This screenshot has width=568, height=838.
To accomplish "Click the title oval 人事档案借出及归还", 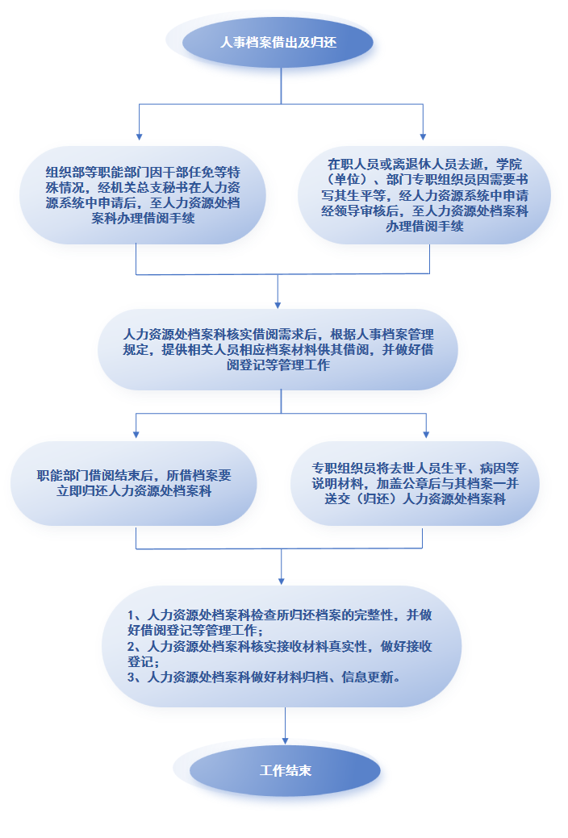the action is (278, 43).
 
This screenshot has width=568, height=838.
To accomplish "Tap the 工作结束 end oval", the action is (285, 770).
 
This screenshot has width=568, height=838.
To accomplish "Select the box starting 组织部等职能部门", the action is (143, 195).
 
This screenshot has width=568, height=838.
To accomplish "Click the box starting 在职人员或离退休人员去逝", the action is (424, 195).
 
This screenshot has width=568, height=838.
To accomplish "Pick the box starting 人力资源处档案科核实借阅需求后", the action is (278, 349).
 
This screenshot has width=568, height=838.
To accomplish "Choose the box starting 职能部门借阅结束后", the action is (134, 483).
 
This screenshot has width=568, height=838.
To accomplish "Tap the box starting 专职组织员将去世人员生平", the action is (415, 483).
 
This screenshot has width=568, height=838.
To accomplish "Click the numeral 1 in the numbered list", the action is (131, 615).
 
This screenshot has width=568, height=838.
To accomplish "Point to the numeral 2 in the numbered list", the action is (131, 647).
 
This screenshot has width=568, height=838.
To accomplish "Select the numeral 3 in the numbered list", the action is (131, 677).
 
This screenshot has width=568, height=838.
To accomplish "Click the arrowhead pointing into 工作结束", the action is (285, 741).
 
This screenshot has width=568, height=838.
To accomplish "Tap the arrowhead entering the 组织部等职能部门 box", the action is (139, 137).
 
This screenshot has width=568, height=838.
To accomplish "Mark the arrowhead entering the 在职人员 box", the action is (423, 137).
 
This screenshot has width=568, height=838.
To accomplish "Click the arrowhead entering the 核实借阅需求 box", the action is (278, 305).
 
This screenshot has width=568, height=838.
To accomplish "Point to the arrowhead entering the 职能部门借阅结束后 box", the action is (136, 435).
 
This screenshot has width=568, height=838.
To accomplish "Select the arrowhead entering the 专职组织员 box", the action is (426, 435).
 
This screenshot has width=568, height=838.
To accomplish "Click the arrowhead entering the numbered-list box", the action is (282, 582).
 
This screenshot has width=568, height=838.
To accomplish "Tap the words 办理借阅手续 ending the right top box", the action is (424, 227).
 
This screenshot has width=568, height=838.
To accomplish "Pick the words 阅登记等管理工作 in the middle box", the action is (278, 365).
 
